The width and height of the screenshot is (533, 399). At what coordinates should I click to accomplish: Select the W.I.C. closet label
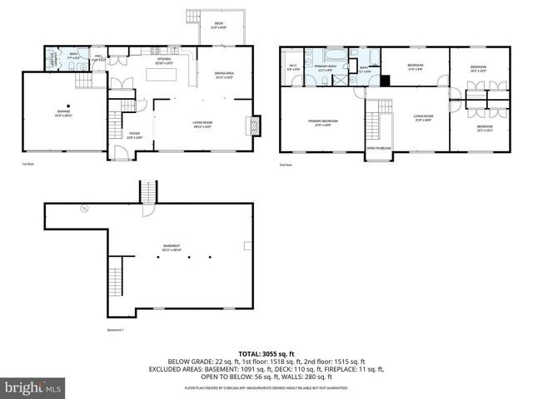click(294, 68)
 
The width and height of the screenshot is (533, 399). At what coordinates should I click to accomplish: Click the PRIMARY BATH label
click(326, 68)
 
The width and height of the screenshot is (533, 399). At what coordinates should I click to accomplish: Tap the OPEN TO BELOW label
click(379, 149)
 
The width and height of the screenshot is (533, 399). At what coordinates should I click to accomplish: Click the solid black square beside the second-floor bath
click(386, 81)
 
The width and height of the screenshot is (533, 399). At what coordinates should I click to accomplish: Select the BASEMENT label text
click(173, 246)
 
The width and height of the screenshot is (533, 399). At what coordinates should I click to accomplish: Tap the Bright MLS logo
click(32, 387)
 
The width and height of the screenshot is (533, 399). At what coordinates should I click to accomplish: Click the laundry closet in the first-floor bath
click(52, 61)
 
